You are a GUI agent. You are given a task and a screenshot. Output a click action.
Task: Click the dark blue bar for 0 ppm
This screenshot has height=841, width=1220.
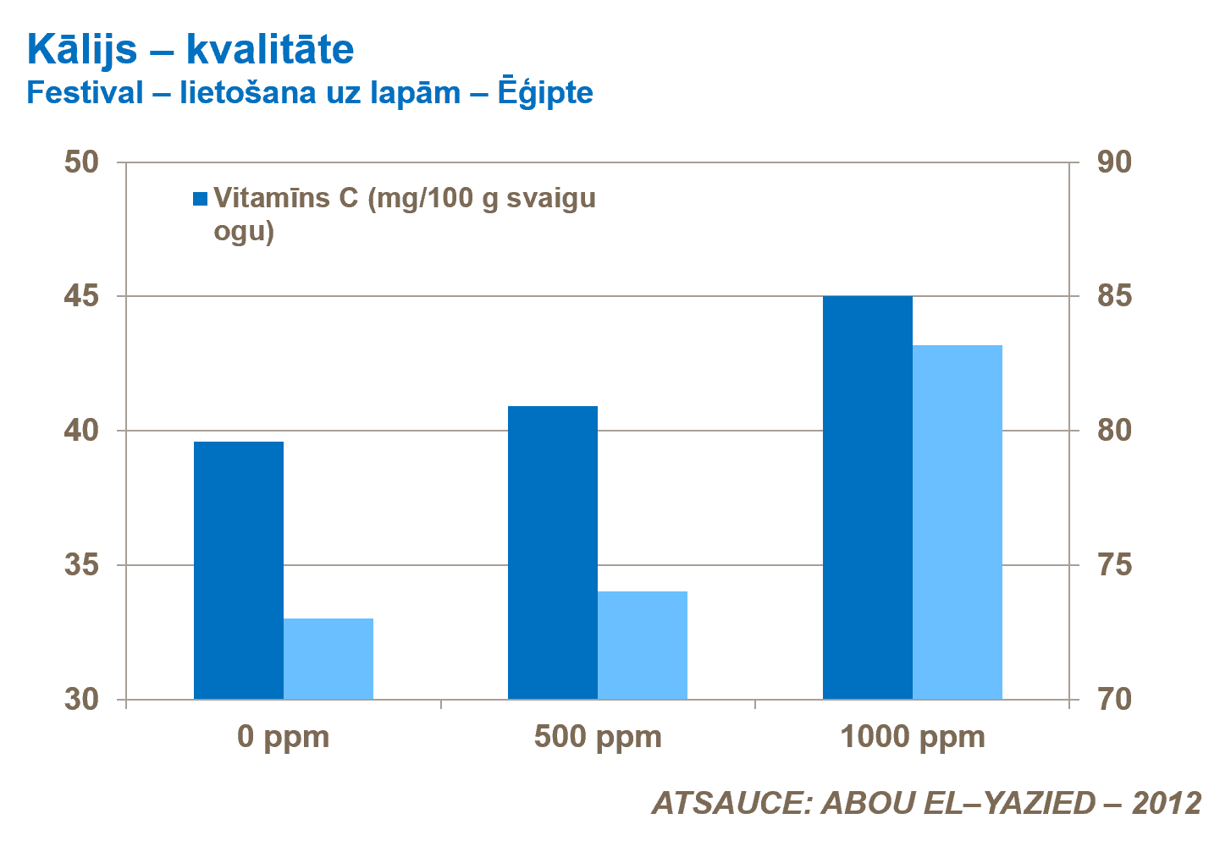click(x=239, y=570)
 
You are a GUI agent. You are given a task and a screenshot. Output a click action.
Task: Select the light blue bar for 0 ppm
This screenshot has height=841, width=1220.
click(x=328, y=659)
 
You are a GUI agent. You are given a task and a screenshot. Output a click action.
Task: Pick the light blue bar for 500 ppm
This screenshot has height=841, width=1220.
click(x=643, y=646)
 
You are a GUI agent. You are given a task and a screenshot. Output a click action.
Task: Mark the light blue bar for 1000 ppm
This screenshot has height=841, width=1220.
click(x=958, y=522)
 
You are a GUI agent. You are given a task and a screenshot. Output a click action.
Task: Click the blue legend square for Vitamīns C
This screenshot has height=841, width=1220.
click(x=201, y=200)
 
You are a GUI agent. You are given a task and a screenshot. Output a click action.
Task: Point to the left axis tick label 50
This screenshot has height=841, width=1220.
click(x=82, y=162)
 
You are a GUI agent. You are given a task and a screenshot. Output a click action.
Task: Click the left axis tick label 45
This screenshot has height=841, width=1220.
click(x=82, y=297)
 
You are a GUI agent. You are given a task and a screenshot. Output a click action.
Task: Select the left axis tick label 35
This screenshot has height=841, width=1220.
click(x=82, y=565)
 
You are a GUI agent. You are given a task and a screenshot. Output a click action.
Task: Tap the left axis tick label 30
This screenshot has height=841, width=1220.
click(x=82, y=700)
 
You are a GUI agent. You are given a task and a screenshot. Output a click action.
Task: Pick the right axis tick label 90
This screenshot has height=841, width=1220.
click(x=1114, y=162)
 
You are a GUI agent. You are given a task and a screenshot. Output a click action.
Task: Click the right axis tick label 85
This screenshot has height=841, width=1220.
click(x=1114, y=297)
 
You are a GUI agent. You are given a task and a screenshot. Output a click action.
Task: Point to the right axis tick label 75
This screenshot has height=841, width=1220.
click(x=1114, y=565)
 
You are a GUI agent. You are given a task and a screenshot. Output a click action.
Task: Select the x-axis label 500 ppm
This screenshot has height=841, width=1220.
click(x=598, y=737)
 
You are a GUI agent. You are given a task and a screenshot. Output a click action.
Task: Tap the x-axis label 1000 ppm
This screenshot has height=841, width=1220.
click(x=913, y=737)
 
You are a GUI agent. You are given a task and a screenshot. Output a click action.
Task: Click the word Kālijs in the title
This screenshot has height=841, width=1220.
click(x=81, y=51)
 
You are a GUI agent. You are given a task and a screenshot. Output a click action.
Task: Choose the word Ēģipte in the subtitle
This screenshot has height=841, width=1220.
click(x=544, y=93)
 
